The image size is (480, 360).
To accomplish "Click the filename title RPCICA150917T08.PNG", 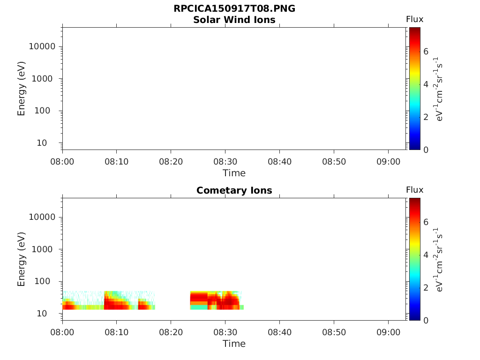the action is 234,8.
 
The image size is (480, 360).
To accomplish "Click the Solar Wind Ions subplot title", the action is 234,20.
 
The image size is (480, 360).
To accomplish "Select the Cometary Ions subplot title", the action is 234,190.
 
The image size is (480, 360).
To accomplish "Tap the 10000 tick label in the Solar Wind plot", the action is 42,46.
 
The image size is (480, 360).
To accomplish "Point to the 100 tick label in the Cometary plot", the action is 42,281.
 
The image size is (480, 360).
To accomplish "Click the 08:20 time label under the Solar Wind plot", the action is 171,162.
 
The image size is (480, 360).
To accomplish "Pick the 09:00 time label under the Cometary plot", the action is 388,332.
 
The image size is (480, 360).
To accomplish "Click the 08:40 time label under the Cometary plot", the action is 279,332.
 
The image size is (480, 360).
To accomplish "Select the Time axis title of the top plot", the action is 234,173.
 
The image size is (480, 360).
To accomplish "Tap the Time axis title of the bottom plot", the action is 234,344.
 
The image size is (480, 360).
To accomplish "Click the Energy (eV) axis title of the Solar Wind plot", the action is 21,89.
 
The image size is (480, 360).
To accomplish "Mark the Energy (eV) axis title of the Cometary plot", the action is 21,259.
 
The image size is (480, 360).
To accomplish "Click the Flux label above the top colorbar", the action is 414,19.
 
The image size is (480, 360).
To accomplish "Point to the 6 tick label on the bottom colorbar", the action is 426,222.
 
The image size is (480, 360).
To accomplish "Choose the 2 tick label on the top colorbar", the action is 426,117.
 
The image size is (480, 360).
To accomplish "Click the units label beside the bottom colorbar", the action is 438,260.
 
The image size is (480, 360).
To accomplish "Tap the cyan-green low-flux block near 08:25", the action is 199,307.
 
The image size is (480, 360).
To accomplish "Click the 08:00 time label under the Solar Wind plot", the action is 62,162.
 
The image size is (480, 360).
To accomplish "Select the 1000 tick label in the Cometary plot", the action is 42,249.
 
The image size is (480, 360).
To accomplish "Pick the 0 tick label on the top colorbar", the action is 426,150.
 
